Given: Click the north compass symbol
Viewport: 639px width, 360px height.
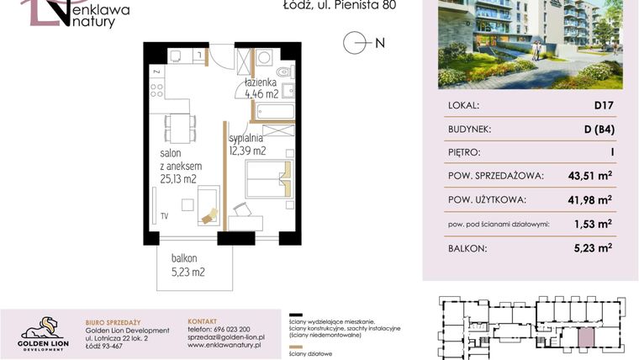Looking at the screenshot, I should [356, 43].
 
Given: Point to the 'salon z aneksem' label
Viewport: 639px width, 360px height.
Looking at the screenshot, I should [177, 166].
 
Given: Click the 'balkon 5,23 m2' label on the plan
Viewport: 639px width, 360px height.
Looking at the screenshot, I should [185, 265].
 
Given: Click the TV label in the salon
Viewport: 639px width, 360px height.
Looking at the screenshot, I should [166, 214].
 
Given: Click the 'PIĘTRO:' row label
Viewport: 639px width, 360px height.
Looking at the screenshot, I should [465, 153].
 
